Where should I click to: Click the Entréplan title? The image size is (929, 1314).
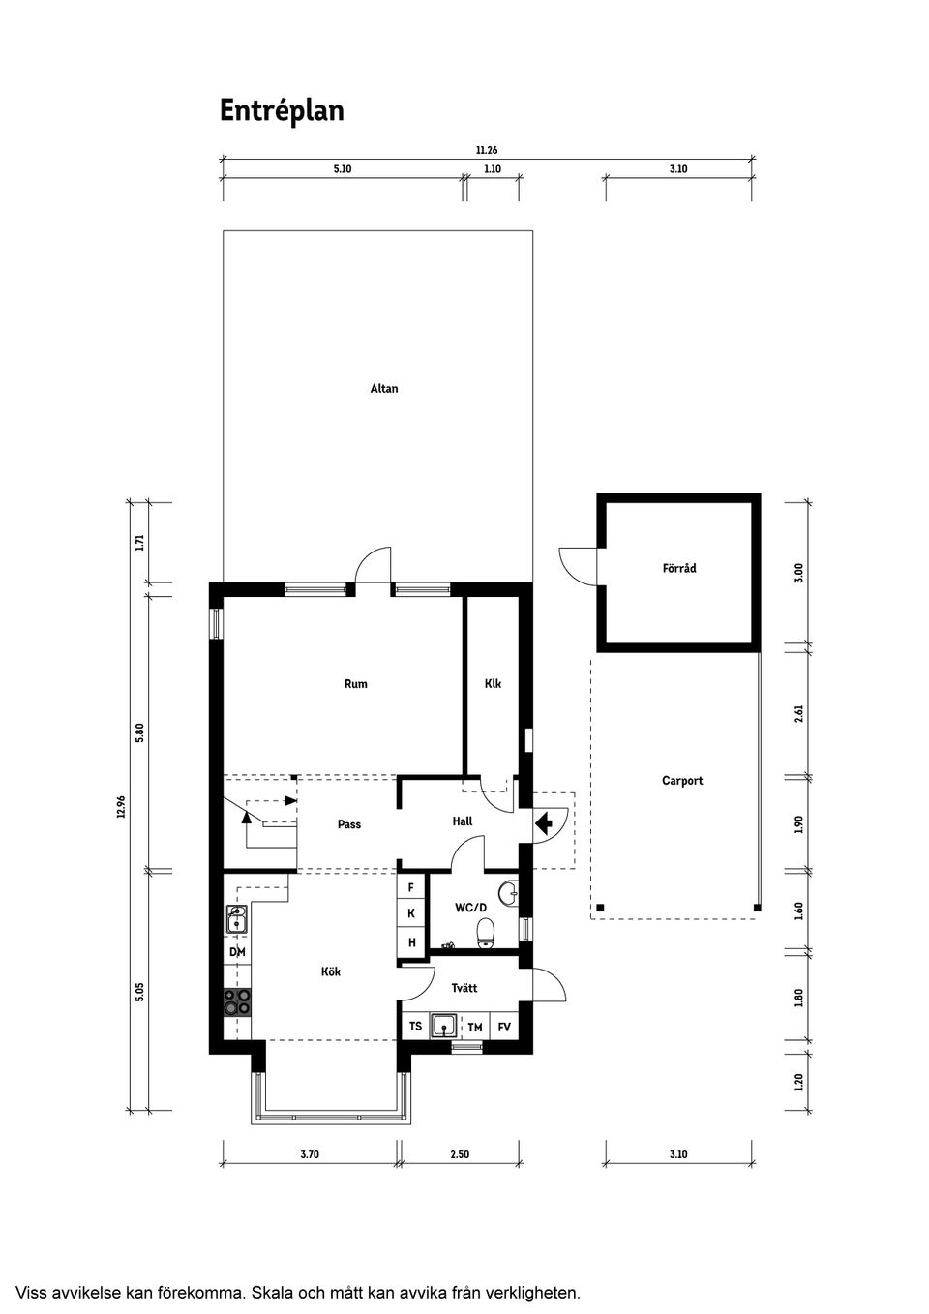click(282, 111)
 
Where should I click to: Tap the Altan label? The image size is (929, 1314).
click(384, 388)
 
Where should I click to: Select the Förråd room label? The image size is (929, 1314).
click(679, 568)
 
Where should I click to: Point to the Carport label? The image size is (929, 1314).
click(682, 780)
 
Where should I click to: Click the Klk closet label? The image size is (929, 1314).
click(493, 683)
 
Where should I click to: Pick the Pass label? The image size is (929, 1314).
click(349, 824)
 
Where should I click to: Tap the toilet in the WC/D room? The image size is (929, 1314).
click(486, 934)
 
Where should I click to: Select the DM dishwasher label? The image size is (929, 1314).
click(237, 952)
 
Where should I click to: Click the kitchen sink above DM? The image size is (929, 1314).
click(237, 919)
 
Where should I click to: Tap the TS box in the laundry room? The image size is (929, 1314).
click(415, 1027)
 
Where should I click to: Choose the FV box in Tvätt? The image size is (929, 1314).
click(504, 1028)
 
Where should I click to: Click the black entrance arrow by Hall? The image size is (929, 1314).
click(544, 823)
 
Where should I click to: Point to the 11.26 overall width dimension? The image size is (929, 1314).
click(487, 150)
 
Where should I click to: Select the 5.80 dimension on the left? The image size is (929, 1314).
click(139, 733)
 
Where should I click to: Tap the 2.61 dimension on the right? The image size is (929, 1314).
click(798, 713)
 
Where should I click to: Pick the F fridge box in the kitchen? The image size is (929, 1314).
click(411, 887)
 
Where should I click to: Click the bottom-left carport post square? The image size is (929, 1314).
click(599, 908)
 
